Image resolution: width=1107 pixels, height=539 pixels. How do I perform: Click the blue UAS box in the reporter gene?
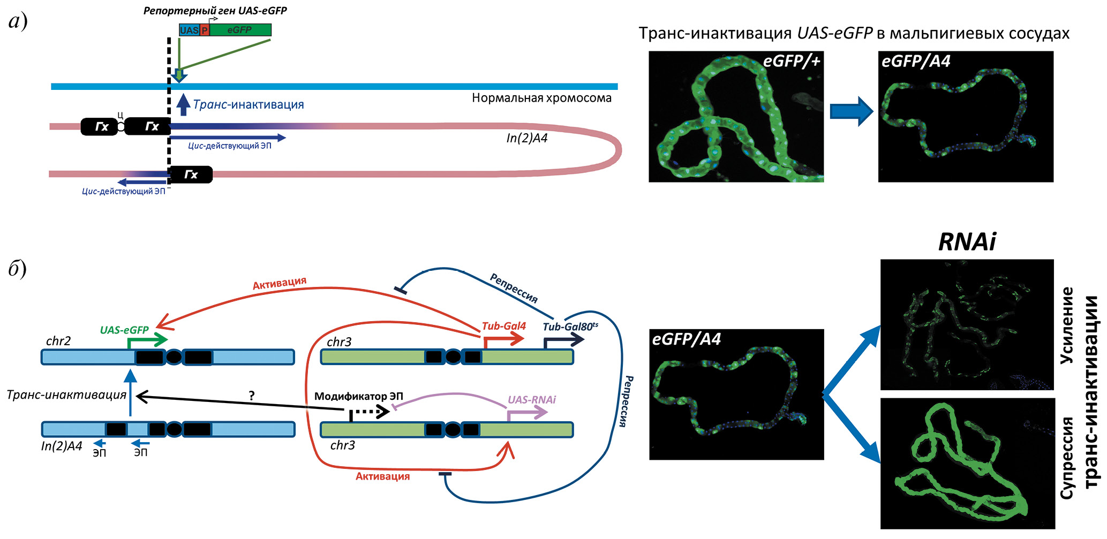pos(189,31)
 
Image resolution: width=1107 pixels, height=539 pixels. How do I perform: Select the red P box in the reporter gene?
pos(205,31)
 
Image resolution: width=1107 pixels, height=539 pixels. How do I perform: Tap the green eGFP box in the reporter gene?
pos(240,30)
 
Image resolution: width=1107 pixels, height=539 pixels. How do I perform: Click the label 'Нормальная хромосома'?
pos(541,98)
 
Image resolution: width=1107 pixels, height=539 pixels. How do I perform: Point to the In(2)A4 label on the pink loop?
pos(527,139)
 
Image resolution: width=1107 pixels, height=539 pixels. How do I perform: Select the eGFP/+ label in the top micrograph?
pos(791,62)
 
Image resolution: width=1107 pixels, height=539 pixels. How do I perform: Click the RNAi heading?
pos(967,242)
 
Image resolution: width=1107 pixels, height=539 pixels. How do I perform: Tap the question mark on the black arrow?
pos(252,396)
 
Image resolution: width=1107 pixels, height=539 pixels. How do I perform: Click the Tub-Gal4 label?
pos(503,326)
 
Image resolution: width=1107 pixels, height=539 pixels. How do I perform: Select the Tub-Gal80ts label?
pos(570,327)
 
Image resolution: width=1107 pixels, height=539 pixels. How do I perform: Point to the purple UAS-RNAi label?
pos(531,400)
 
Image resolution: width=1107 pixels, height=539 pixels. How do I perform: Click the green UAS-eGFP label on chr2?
pos(124,330)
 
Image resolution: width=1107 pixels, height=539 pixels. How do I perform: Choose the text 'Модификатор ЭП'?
pos(358,397)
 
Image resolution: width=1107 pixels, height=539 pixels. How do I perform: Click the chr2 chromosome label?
pos(58,341)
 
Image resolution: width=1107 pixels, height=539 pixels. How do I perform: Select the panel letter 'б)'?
pos(18,268)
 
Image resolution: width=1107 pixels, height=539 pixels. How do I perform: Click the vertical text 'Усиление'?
pos(1066,325)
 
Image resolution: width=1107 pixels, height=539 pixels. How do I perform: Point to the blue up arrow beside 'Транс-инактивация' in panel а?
pos(184,105)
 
